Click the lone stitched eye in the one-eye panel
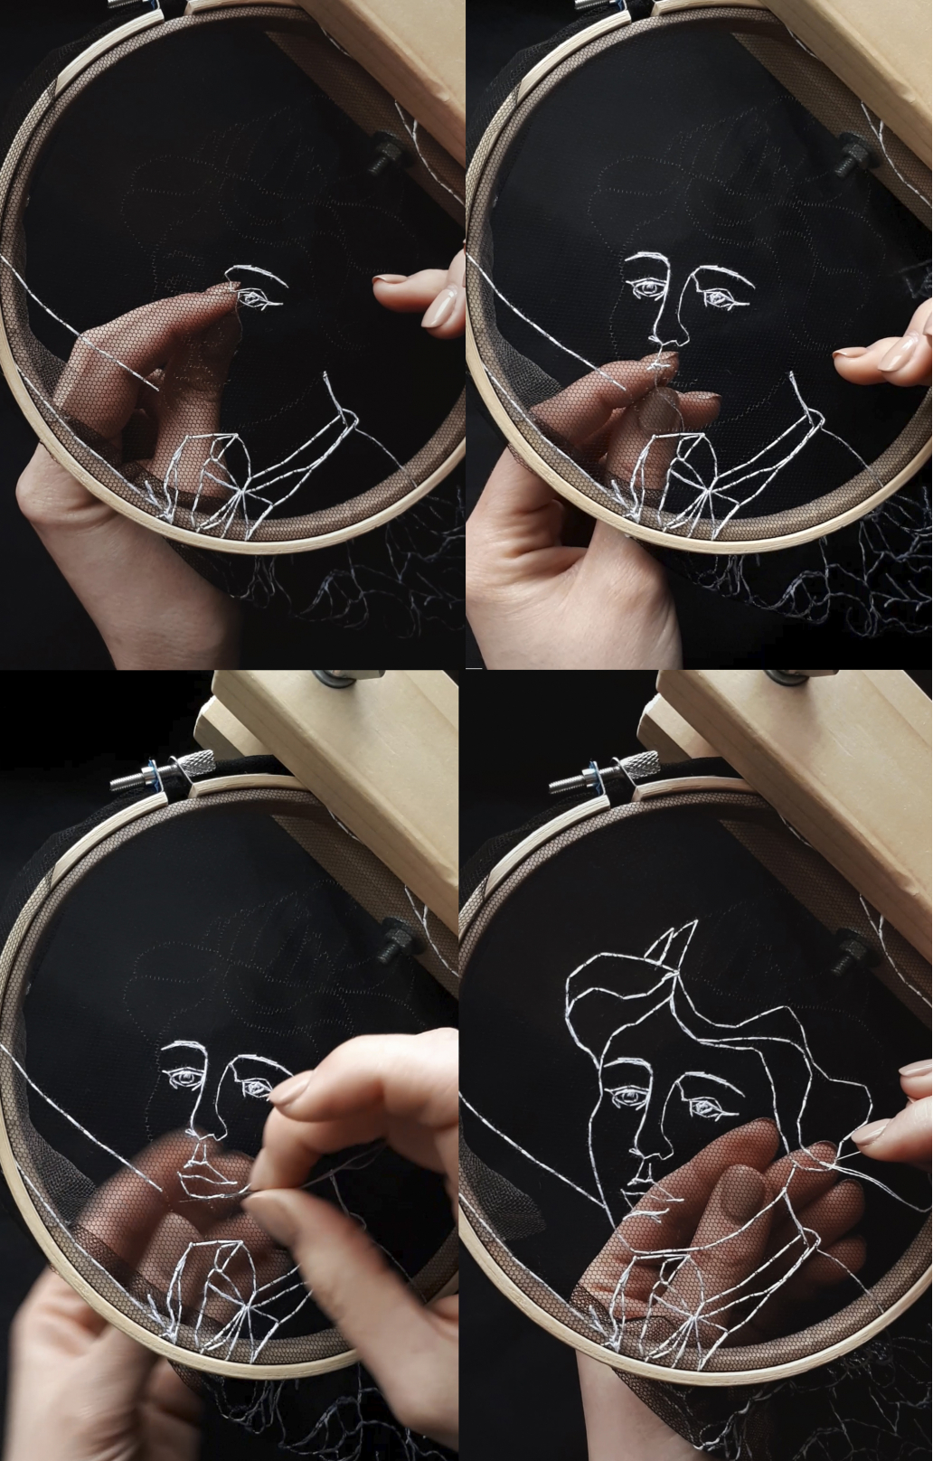pyautogui.click(x=259, y=297)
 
